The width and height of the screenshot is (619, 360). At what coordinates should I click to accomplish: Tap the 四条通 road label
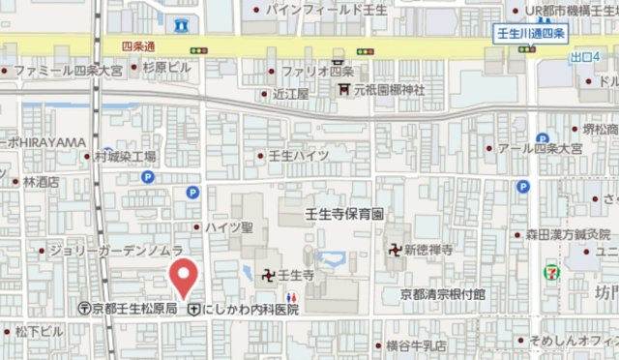tap(140, 45)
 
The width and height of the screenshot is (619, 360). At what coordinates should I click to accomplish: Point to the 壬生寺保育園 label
tap(344, 212)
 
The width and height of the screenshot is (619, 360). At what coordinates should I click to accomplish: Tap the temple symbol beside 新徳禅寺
tap(395, 249)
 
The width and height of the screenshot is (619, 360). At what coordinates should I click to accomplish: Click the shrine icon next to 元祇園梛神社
tap(343, 91)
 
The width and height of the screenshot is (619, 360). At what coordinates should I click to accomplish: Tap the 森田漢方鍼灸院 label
tap(568, 234)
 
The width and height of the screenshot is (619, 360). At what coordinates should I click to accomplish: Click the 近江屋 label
tap(290, 94)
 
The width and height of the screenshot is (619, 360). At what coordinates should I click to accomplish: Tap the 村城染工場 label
tap(125, 156)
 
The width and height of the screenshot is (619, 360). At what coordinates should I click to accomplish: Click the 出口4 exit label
tap(584, 58)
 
